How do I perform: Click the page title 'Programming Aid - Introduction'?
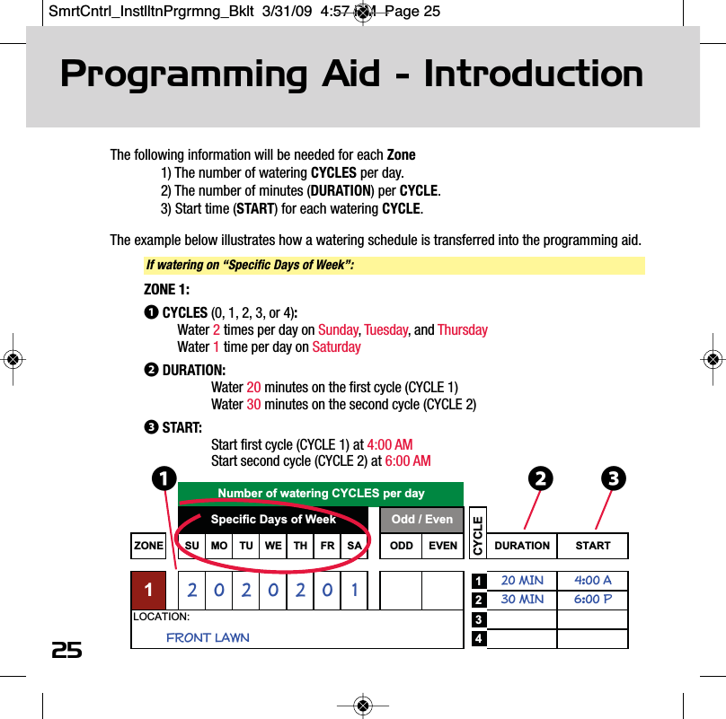pos(351,75)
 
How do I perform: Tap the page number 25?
pos(66,650)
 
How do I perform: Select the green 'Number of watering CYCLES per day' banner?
pos(321,494)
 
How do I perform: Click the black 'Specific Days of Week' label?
pos(273,520)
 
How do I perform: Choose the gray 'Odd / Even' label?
pos(422,520)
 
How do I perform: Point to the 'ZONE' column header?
pos(149,546)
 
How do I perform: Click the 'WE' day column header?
pos(273,546)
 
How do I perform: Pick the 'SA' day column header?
pos(354,546)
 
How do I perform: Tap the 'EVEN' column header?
pos(443,546)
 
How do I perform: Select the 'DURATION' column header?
pos(522,546)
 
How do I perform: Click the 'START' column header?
pos(593,546)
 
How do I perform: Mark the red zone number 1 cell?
pos(149,590)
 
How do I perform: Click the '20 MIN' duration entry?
pos(522,581)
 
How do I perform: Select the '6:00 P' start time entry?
pos(593,599)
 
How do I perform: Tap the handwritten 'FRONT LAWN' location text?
pos(208,638)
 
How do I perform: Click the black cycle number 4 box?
pos(480,639)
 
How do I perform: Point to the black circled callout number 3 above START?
pos(613,479)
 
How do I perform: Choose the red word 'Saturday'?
pos(336,347)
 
